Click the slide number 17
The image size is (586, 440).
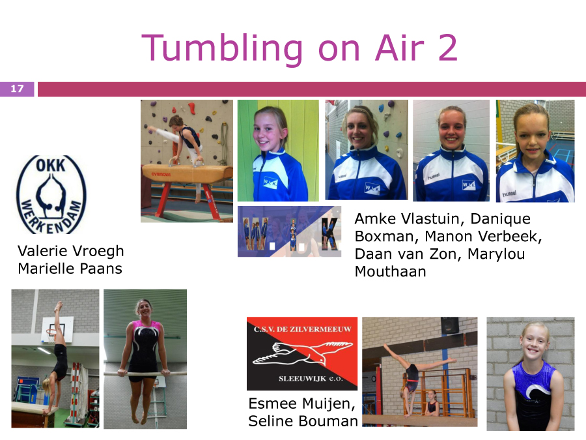(17, 89)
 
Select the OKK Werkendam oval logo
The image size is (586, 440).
(51, 194)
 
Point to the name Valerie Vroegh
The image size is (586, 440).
(70, 252)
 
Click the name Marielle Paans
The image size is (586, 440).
(70, 269)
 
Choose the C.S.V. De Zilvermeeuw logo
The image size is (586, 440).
(302, 353)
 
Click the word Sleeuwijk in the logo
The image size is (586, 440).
(297, 379)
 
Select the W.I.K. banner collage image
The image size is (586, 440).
(289, 231)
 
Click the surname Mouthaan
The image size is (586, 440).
(390, 272)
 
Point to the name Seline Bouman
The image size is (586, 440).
(303, 421)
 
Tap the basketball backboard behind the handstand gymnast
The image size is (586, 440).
(57, 329)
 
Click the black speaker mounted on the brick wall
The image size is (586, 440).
(449, 325)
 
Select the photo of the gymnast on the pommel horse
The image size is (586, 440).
(187, 161)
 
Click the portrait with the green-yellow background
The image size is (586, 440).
(279, 151)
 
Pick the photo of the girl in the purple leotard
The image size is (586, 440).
(531, 374)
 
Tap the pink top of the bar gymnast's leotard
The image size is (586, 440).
(146, 328)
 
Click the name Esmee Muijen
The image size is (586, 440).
(301, 404)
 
